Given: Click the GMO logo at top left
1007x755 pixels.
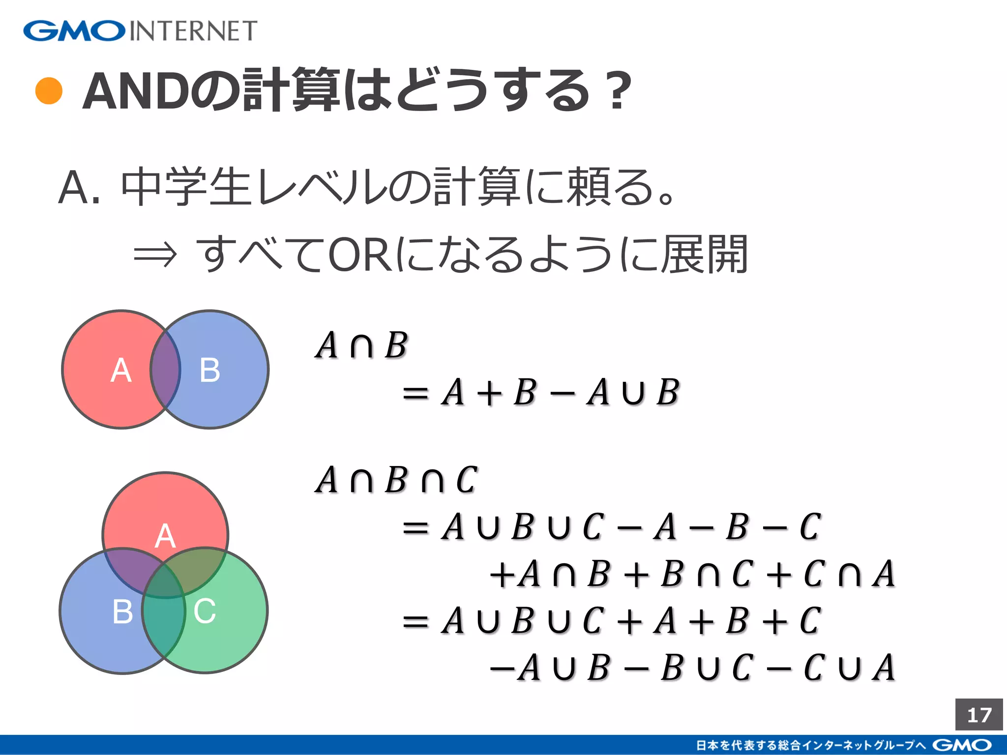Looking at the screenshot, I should tap(74, 30).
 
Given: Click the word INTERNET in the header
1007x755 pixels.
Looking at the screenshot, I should tap(193, 31).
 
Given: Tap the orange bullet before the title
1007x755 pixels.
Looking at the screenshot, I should tap(49, 91).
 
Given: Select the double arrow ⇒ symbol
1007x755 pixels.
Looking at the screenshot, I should tap(155, 255).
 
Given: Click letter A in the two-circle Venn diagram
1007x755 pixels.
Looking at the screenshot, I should tap(121, 370).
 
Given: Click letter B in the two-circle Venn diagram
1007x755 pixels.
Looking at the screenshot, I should tap(210, 370).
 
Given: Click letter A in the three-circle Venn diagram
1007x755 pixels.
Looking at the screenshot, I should tap(165, 536).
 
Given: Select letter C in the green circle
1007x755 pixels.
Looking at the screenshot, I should tap(205, 611).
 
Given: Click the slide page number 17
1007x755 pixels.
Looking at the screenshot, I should tap(978, 715).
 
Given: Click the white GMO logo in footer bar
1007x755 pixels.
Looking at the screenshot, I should tap(961, 745).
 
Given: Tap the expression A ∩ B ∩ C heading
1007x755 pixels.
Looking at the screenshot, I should tap(396, 480).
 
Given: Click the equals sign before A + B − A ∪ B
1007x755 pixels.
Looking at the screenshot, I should tap(415, 393).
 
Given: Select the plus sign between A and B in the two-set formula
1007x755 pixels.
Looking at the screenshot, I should tap(489, 393).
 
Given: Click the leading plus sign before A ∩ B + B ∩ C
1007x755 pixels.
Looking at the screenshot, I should tap(502, 574).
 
